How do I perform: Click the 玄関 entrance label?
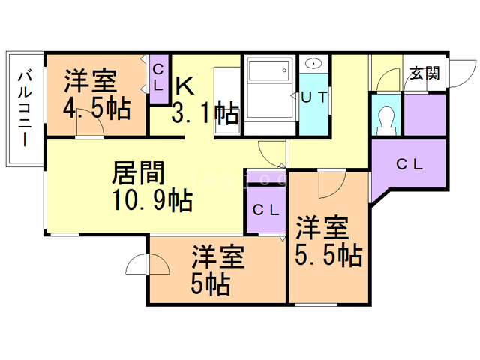click(x=425, y=73)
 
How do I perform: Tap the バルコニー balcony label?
click(x=23, y=107)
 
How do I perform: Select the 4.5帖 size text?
click(x=96, y=108)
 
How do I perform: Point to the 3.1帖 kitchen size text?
click(x=205, y=113)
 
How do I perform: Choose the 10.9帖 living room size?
click(x=153, y=201)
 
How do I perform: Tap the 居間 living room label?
click(x=139, y=174)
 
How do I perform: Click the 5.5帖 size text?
click(x=329, y=256)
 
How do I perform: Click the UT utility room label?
click(x=313, y=97)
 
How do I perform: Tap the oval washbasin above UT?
click(x=314, y=64)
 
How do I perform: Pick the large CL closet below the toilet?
click(x=409, y=164)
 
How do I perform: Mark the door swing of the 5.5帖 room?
click(x=329, y=181)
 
